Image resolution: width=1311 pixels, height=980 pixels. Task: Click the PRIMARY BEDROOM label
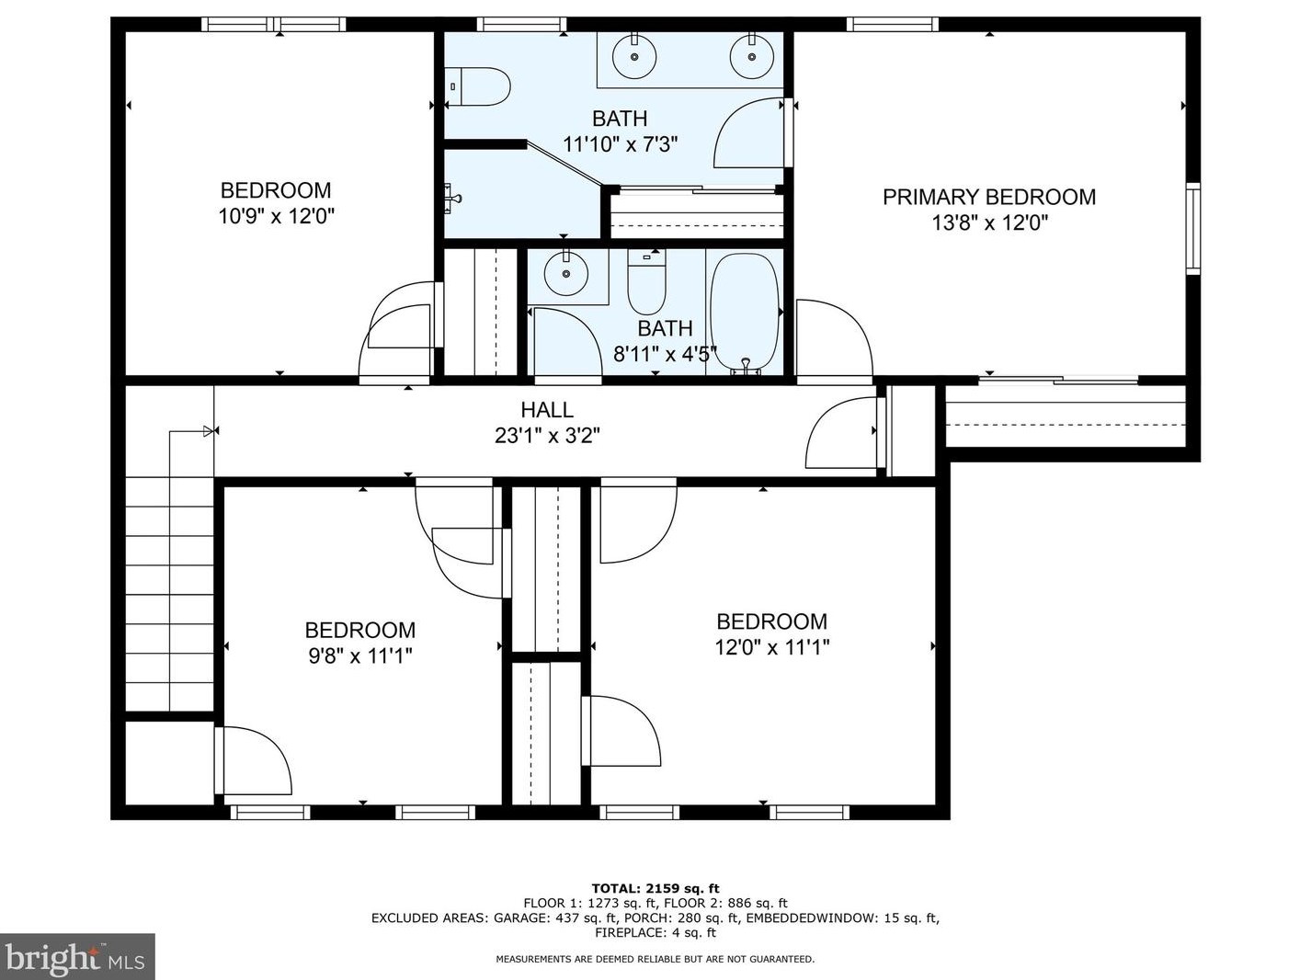pos(989,197)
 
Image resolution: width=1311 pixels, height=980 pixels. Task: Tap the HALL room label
pos(547,410)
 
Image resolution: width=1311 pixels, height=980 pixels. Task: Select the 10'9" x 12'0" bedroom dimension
pos(276,216)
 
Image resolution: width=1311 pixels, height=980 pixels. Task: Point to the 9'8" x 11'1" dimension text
pos(360,656)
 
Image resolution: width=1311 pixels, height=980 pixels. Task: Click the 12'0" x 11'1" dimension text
pos(772,647)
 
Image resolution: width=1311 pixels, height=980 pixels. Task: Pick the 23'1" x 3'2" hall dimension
pos(547,436)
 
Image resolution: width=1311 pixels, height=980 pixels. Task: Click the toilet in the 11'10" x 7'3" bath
pos(477,86)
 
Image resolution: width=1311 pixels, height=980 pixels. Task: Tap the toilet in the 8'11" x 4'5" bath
pos(646,281)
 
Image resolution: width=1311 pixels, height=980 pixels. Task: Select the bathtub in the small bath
pos(745,313)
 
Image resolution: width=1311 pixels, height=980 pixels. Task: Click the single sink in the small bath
pos(565,274)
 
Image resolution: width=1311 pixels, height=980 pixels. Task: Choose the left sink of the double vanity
pos(634,56)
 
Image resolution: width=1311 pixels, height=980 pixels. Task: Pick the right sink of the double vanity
pos(752,56)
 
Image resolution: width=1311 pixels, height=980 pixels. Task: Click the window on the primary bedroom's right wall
pos(1192,228)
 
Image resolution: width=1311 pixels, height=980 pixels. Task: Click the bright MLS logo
pos(77,957)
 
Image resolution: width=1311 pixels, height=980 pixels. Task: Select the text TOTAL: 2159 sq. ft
pos(655,888)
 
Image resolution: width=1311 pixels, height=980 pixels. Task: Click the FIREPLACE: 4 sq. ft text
pos(655,932)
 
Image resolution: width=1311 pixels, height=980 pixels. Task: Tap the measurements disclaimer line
pos(655,959)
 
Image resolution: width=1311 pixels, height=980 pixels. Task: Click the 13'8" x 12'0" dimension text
pos(990,222)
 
